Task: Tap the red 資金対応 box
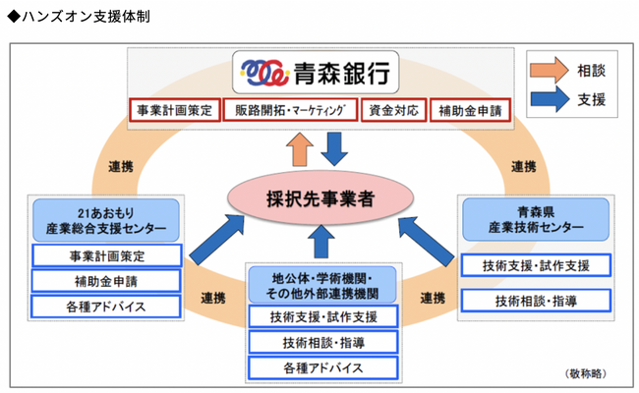tap(393, 109)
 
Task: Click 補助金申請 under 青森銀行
tap(470, 109)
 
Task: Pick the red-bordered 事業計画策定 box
tap(174, 109)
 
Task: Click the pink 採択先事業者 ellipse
tap(319, 197)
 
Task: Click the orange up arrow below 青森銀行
tap(298, 148)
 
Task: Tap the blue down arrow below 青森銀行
tap(336, 147)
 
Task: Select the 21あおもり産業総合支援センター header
tap(105, 221)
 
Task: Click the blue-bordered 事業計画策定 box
tap(105, 256)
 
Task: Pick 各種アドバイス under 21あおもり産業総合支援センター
tap(105, 305)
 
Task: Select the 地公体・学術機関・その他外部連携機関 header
tap(320, 284)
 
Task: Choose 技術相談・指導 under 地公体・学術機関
tap(320, 342)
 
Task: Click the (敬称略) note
tap(587, 373)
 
